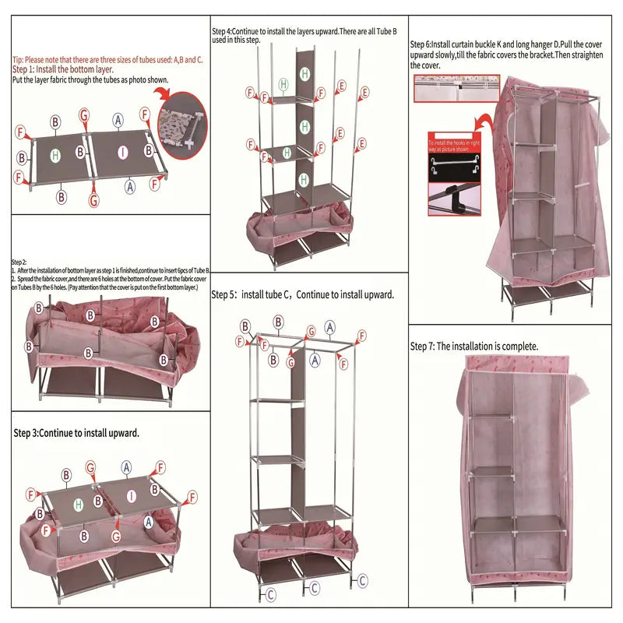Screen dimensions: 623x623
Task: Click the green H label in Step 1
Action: coord(55,155)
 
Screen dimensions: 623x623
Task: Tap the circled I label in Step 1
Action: coord(121,153)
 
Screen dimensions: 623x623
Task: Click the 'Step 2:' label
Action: coord(19,262)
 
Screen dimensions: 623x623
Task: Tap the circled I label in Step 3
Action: coord(132,495)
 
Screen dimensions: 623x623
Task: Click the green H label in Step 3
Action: coord(79,505)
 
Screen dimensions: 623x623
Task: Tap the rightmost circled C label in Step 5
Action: coord(362,580)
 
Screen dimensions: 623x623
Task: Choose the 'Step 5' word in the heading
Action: coord(226,295)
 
